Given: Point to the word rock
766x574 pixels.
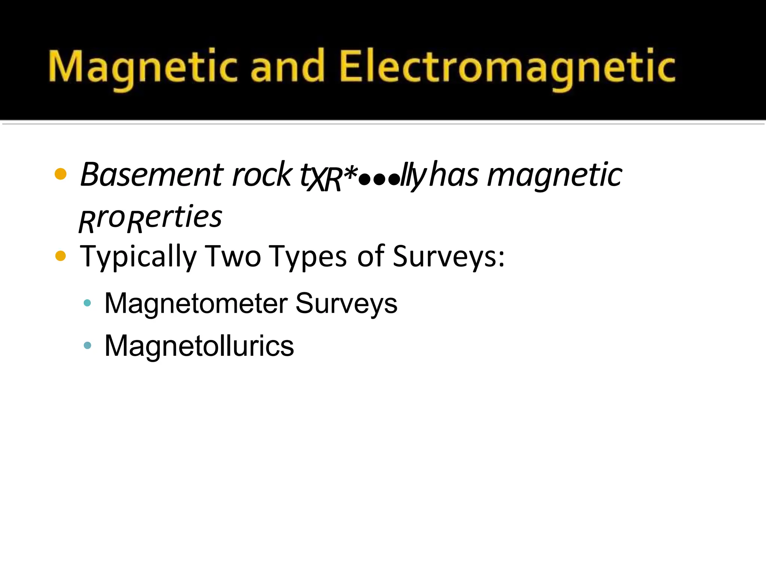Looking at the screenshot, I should (x=261, y=175).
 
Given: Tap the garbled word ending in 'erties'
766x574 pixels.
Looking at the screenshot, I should (x=150, y=218).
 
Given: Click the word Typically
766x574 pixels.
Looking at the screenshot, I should (x=138, y=257).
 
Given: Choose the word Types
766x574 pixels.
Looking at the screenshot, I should (x=308, y=257).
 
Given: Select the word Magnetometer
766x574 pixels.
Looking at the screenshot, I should (x=196, y=303).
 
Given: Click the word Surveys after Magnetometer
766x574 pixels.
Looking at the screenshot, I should (x=346, y=304).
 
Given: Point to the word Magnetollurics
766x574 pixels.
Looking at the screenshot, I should (x=199, y=346).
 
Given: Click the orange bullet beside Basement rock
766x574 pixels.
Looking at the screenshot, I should (x=61, y=174).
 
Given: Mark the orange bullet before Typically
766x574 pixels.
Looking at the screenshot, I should (x=61, y=256).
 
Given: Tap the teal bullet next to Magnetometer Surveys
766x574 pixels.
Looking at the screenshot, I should (x=88, y=303).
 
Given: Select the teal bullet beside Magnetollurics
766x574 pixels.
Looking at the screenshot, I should (x=88, y=345).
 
